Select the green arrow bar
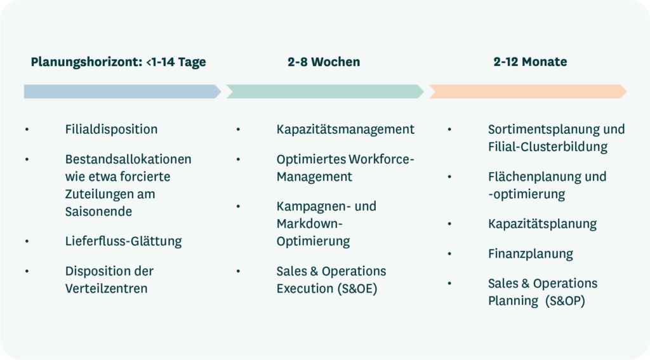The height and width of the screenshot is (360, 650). click(324, 91)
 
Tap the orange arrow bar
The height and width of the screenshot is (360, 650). click(527, 91)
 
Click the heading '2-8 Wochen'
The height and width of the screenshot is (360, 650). click(324, 62)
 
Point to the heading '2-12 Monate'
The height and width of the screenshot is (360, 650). click(530, 62)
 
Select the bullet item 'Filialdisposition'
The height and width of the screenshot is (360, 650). click(111, 130)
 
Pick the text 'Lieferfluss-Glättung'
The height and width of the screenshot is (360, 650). click(123, 241)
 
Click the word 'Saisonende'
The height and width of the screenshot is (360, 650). click(98, 211)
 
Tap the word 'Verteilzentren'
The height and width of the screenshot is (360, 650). click(106, 288)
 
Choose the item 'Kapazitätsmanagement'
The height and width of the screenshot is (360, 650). click(345, 130)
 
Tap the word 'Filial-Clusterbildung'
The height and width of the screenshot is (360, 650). click(548, 147)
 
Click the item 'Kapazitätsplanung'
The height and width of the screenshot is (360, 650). click(542, 223)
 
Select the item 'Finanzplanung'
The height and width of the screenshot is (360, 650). click(530, 254)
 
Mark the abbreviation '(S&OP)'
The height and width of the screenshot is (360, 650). click(564, 301)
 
